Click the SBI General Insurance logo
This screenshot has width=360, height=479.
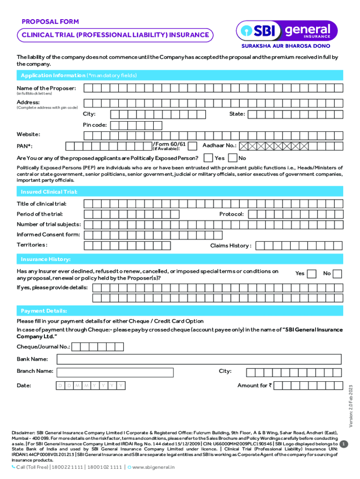(x=284, y=31)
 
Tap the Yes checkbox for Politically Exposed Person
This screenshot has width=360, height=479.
(x=209, y=158)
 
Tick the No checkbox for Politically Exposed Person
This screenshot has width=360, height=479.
(x=232, y=158)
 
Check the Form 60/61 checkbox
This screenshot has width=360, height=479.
(x=192, y=146)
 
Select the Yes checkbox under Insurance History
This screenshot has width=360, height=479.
(x=311, y=274)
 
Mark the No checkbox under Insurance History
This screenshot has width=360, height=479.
(x=337, y=274)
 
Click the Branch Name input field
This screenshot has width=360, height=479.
(x=115, y=372)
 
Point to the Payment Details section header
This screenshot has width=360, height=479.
(x=44, y=311)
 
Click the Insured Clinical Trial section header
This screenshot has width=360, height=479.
(x=49, y=192)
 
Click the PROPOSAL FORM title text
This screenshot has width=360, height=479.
(x=50, y=22)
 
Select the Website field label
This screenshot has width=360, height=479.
(x=28, y=134)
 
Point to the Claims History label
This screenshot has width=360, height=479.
(x=230, y=246)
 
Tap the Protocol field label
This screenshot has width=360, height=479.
(x=231, y=214)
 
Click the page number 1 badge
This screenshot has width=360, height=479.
(x=344, y=444)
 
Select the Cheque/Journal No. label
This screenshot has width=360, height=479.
(x=43, y=347)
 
